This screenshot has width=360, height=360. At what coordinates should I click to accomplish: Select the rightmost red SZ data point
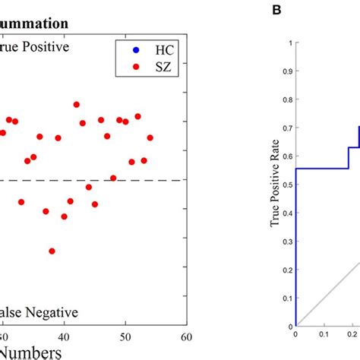point(150,137)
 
